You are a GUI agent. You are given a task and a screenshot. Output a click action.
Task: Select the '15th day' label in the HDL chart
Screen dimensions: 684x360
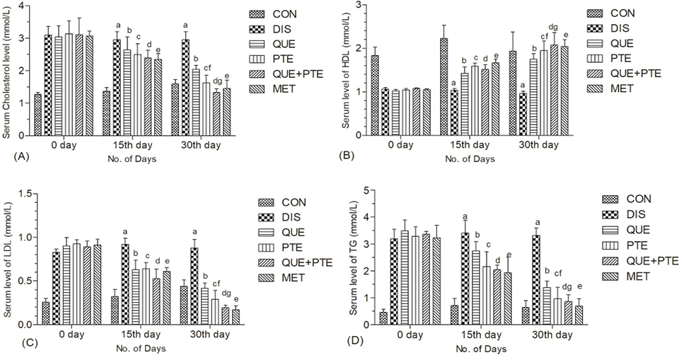point(470,145)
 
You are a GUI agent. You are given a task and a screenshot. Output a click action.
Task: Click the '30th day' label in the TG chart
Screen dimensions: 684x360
point(552,335)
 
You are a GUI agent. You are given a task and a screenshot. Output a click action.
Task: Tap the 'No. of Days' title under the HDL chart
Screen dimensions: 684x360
point(470,159)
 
